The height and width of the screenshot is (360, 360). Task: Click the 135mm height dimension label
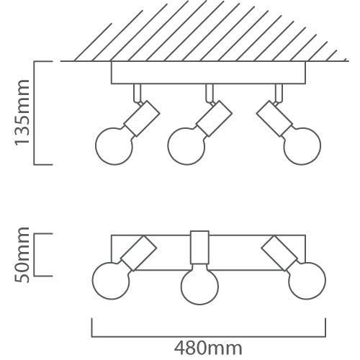(22, 112)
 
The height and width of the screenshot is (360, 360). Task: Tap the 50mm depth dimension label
(22, 255)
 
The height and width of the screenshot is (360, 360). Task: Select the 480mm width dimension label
(208, 348)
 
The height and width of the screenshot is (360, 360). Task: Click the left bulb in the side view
(114, 146)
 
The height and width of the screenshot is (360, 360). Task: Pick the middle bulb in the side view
(186, 146)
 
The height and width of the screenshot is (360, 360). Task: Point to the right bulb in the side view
(302, 146)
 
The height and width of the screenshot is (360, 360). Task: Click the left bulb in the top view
(111, 281)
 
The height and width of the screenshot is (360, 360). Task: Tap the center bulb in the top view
(199, 286)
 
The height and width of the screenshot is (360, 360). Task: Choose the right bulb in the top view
(307, 281)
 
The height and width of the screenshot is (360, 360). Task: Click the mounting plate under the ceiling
(208, 73)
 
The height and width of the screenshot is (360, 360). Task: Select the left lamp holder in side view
(142, 119)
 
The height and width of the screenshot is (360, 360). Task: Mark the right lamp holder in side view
(274, 119)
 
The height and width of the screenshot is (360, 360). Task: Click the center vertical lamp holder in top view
(199, 248)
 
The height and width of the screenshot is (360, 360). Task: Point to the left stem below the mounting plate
(138, 93)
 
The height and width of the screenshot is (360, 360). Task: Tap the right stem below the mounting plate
(279, 93)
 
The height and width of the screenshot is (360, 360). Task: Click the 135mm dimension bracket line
(34, 113)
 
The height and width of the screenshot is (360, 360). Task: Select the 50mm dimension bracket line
(34, 255)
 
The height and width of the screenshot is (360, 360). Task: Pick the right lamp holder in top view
(280, 253)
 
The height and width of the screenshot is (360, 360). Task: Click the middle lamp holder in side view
(214, 119)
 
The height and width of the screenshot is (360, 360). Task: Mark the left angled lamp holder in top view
(138, 253)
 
